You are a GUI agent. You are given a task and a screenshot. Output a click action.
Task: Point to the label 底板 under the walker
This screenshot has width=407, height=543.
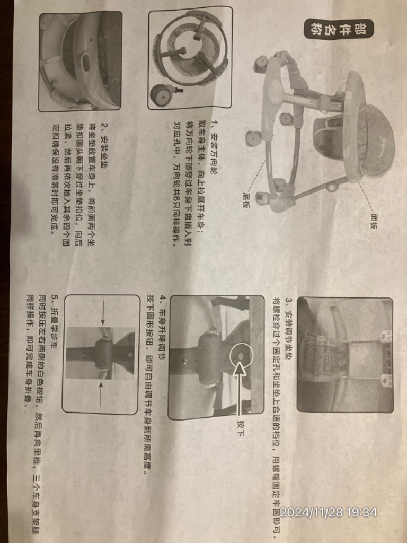point(246,199)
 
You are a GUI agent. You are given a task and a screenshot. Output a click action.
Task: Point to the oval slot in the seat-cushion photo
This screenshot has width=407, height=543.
point(85,62)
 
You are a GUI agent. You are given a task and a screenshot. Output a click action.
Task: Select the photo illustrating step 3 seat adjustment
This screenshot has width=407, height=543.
point(344,354)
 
